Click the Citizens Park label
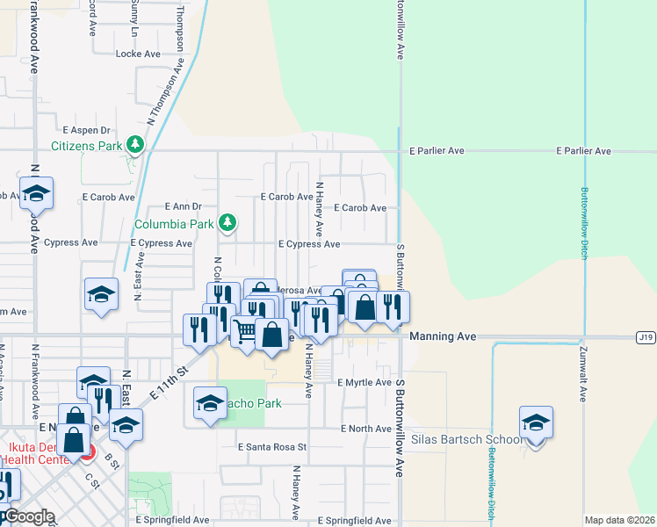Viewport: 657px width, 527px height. pyautogui.click(x=87, y=145)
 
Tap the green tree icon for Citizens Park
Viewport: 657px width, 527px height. pyautogui.click(x=134, y=143)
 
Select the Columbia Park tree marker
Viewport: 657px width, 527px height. pyautogui.click(x=227, y=222)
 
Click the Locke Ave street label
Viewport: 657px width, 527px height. pyautogui.click(x=139, y=54)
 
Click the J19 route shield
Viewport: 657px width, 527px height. pyautogui.click(x=646, y=336)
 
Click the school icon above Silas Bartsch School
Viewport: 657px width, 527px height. pyautogui.click(x=536, y=423)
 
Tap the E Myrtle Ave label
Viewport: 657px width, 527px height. pyautogui.click(x=365, y=382)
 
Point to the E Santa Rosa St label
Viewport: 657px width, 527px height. pyautogui.click(x=272, y=446)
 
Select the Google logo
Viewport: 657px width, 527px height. pyautogui.click(x=29, y=516)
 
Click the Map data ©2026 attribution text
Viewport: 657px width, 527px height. pyautogui.click(x=619, y=520)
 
